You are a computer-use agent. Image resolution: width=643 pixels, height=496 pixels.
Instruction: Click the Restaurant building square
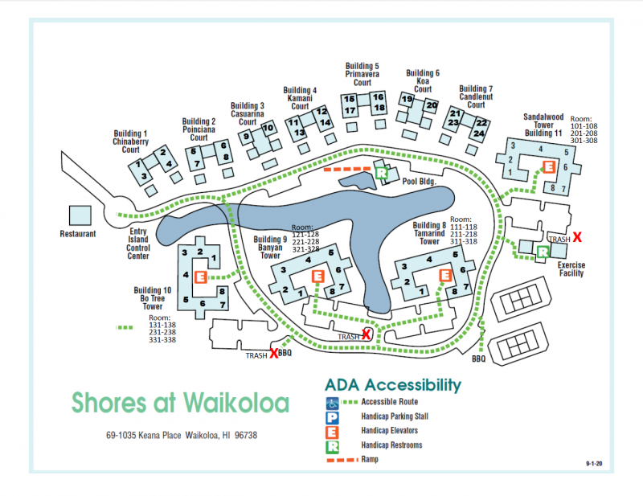point(79,215)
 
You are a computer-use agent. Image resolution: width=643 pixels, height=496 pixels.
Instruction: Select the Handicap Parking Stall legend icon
point(332,416)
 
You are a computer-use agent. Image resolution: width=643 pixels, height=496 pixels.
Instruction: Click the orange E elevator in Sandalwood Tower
point(549,166)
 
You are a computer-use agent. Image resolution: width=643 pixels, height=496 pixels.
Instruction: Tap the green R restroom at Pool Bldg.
point(383,173)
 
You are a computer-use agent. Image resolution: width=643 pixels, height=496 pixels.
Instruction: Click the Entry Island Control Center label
point(138,244)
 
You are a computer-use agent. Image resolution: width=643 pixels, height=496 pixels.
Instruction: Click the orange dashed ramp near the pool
point(347,170)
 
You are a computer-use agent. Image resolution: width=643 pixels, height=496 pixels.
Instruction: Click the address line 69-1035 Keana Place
point(181,436)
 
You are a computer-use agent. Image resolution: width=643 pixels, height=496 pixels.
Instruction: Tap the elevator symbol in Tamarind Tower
point(444,276)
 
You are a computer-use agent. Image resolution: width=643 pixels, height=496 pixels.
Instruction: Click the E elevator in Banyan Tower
point(317,276)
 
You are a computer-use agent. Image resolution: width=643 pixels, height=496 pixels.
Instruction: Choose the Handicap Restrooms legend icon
point(332,445)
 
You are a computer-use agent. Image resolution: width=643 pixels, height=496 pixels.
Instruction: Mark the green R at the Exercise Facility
point(543,251)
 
